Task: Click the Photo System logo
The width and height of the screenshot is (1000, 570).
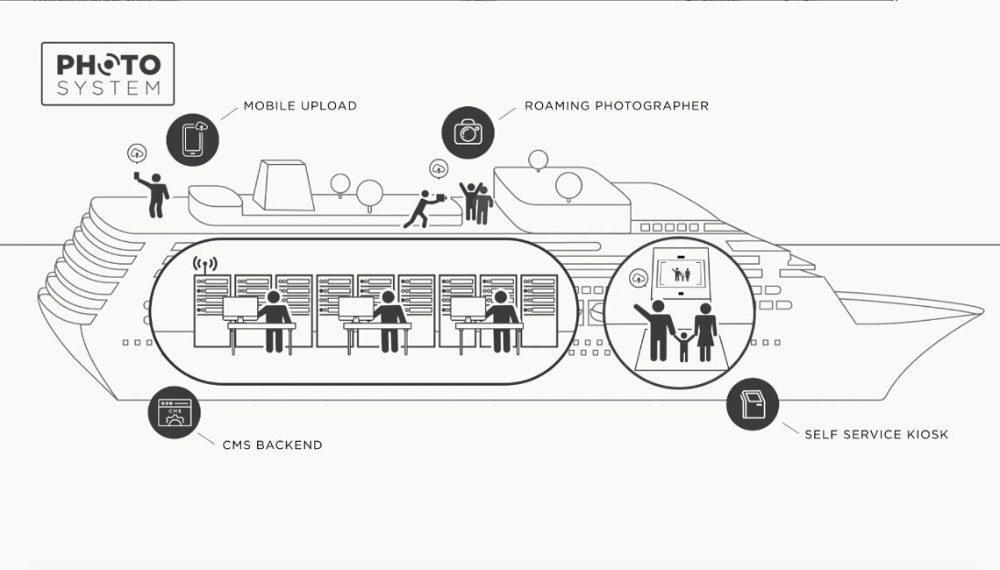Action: coord(108,74)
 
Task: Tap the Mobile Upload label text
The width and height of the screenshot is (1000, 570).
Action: coord(300,106)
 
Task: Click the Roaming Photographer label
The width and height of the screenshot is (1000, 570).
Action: coord(616,106)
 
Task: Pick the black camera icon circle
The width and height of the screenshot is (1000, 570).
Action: coord(468,133)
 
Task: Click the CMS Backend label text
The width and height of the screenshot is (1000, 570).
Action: coord(272,445)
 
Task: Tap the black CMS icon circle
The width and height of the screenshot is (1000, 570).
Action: coord(174,413)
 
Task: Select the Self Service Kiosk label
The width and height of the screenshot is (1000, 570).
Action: coord(875,434)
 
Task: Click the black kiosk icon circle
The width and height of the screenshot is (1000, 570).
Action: coord(753,404)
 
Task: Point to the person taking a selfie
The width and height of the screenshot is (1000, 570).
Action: coord(156,195)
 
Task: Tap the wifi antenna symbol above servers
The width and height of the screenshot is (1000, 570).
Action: coord(204,263)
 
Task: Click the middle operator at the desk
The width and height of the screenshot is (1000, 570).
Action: coord(388,319)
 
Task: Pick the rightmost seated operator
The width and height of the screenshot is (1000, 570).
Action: coord(501,319)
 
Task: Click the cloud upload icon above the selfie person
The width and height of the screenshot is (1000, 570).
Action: coord(137,153)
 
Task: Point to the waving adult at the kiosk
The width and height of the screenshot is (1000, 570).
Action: coord(658,329)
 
